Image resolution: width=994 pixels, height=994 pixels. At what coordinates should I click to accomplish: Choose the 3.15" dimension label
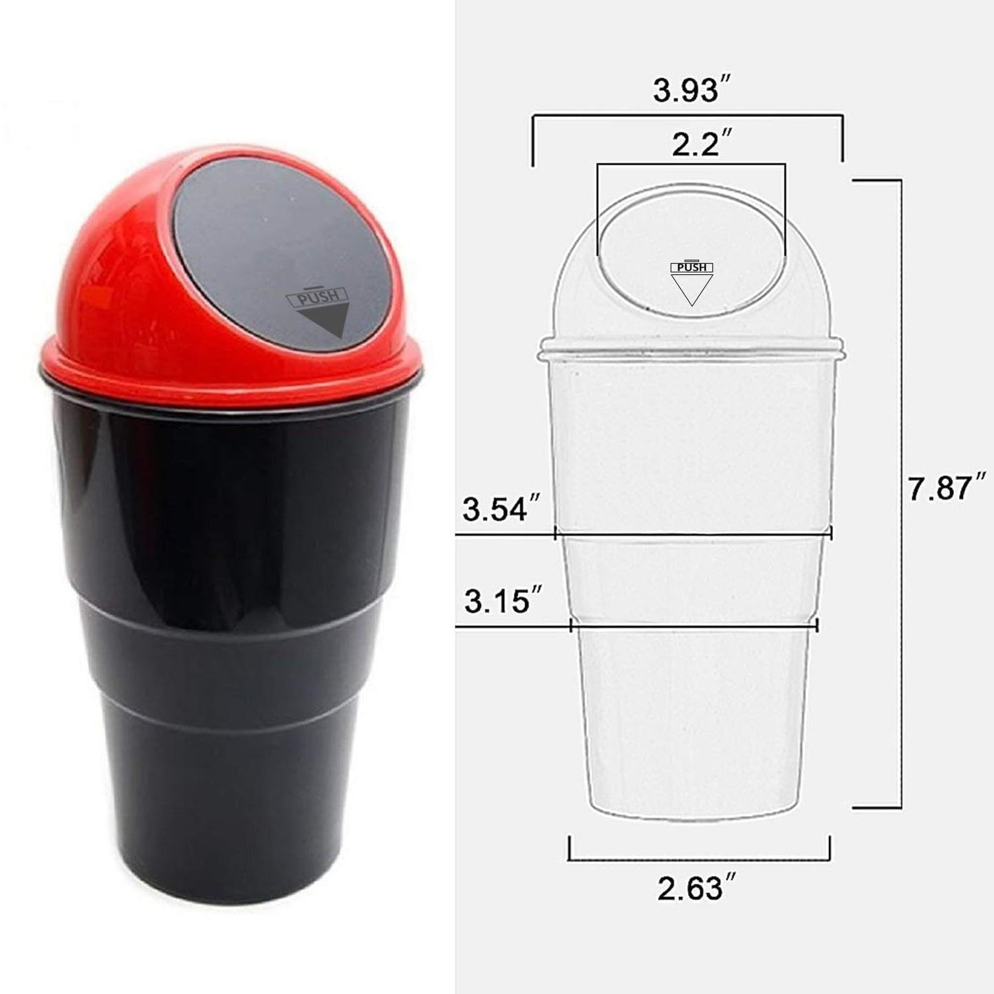point(503,600)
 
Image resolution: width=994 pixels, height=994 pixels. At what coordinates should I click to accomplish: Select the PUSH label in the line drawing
point(692,267)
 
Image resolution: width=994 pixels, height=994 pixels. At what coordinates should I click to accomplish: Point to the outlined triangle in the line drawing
point(692,290)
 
